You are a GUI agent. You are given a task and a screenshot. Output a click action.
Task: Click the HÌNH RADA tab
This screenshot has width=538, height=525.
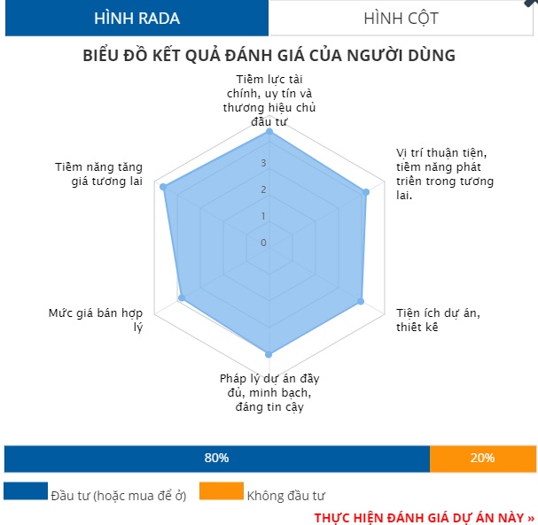(136, 18)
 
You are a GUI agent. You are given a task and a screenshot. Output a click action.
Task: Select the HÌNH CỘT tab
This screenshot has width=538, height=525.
(401, 18)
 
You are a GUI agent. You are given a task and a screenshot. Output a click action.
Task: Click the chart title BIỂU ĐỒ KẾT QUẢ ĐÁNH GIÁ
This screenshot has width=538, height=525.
(269, 55)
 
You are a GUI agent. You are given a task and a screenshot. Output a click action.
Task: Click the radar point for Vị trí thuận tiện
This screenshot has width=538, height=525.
(365, 191)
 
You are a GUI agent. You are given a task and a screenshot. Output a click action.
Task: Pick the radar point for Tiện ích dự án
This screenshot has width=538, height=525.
(361, 301)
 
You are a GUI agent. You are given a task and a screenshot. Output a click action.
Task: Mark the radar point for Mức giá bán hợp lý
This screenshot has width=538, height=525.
(182, 299)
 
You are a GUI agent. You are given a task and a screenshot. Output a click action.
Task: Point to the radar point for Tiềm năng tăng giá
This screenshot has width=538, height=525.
(162, 186)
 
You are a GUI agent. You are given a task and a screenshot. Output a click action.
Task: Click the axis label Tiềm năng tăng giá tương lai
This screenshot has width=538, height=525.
(98, 174)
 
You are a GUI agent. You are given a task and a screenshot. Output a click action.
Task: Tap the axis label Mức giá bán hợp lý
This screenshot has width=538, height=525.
(96, 320)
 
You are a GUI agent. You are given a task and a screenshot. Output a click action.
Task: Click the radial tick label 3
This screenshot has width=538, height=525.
(262, 163)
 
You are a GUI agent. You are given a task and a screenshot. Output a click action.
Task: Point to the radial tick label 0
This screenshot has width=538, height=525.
(262, 243)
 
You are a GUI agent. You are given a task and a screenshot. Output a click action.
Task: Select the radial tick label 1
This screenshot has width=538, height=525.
(262, 216)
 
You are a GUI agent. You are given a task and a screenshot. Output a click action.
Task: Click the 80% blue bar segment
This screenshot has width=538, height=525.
(216, 458)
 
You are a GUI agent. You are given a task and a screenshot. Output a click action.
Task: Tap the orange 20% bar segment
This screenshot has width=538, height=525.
(482, 458)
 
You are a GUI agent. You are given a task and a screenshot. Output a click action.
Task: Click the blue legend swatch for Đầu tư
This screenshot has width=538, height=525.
(26, 492)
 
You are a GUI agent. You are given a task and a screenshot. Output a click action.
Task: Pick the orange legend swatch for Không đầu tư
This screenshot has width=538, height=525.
(221, 492)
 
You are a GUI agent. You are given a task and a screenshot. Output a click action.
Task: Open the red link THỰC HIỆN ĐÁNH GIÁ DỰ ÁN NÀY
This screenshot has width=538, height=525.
(424, 516)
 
